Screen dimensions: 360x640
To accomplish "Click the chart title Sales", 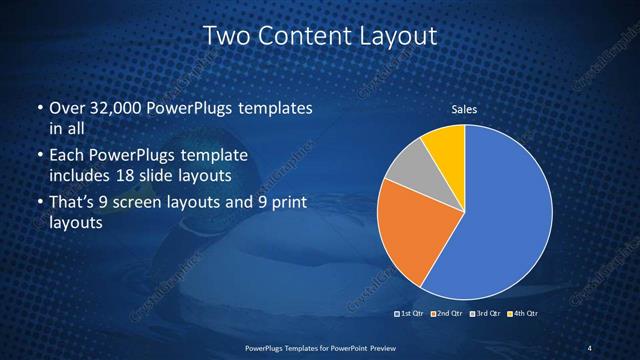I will pos(464,109).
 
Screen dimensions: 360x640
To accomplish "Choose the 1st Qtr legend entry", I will pos(411,314).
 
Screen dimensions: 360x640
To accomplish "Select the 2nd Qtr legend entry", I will pos(447,314).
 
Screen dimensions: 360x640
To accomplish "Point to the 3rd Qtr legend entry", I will pos(485,314).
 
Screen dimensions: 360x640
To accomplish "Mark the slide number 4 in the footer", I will pos(590,347).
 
